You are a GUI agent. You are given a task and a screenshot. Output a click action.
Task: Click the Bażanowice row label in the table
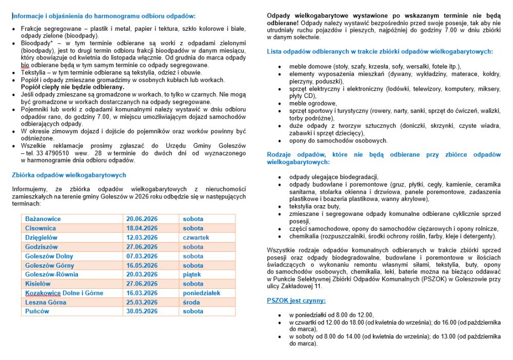point(43,219)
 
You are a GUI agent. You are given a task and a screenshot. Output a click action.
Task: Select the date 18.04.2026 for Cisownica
point(142,228)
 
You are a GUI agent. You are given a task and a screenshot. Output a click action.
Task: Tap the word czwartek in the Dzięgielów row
point(196,237)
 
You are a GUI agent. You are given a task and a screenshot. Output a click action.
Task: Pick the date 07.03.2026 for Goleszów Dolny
point(142,256)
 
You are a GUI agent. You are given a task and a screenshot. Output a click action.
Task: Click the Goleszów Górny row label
point(49,266)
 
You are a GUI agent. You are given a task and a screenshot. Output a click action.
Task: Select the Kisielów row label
point(38,284)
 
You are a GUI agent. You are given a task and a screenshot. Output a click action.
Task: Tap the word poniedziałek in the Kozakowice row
point(201,293)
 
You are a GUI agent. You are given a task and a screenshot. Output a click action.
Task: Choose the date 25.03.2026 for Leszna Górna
point(142,302)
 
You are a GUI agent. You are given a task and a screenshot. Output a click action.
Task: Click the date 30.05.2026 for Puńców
point(142,311)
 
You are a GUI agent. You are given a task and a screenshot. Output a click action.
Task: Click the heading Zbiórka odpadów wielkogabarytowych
point(69,175)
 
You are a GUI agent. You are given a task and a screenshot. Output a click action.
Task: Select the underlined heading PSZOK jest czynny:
point(296,301)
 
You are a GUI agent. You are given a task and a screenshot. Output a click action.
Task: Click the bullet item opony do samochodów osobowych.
point(338,141)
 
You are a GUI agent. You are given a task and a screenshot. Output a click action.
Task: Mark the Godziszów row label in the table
point(42,247)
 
